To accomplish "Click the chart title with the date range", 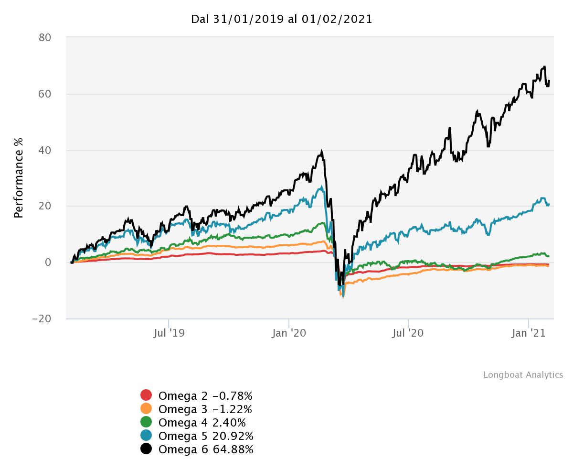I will click(282, 19).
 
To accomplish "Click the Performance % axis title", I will click(19, 177).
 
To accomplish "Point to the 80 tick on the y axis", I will click(45, 37).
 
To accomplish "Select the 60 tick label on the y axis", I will click(45, 94).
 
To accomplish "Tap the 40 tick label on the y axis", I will click(45, 150).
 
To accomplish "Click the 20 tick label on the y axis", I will click(45, 206).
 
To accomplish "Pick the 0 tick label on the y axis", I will click(48, 262).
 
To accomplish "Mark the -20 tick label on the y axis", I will click(42, 318).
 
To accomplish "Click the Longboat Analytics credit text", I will click(523, 375).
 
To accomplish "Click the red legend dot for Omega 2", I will click(146, 395).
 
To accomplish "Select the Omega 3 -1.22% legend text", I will click(205, 409).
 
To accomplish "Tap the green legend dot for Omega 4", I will click(146, 422).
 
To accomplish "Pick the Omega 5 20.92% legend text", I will click(206, 436).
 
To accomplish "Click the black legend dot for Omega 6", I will click(146, 449).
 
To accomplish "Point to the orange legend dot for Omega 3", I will click(146, 409).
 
